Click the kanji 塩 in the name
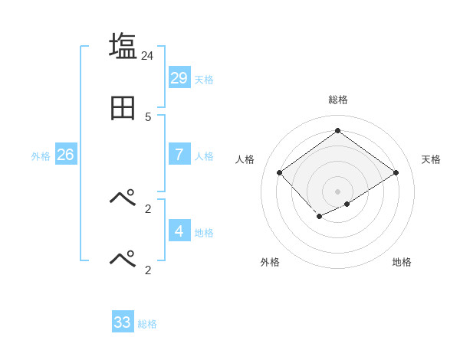pyautogui.click(x=123, y=46)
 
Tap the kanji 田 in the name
pyautogui.click(x=123, y=109)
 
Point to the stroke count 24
pyautogui.click(x=148, y=56)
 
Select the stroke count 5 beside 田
pyautogui.click(x=148, y=117)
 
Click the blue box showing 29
pyautogui.click(x=179, y=77)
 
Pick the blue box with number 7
pyautogui.click(x=179, y=155)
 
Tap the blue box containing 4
pyautogui.click(x=179, y=231)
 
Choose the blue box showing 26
pyautogui.click(x=65, y=155)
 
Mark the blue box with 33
pyautogui.click(x=123, y=322)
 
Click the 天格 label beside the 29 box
pyautogui.click(x=204, y=79)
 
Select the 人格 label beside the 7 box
pyautogui.click(x=204, y=156)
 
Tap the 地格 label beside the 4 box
pyautogui.click(x=204, y=232)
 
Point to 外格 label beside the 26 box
pyautogui.click(x=41, y=156)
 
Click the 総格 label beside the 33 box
pyautogui.click(x=147, y=324)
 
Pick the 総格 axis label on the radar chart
pyautogui.click(x=337, y=100)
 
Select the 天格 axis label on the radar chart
pyautogui.click(x=431, y=159)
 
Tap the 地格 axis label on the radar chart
pyautogui.click(x=402, y=262)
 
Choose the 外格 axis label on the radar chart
pyautogui.click(x=270, y=262)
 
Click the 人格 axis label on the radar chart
pyautogui.click(x=245, y=159)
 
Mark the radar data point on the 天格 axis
pyautogui.click(x=396, y=172)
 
